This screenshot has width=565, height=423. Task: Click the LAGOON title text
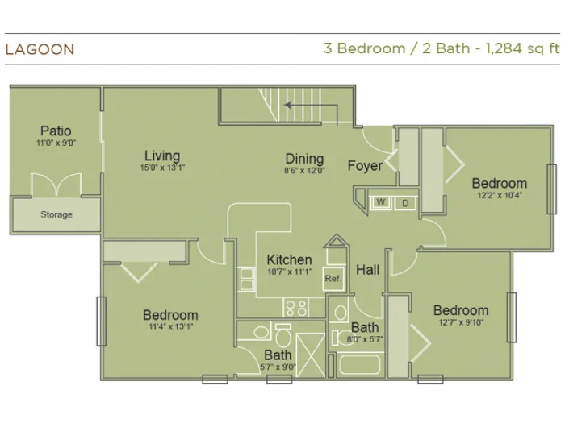40,49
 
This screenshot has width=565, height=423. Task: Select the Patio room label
56,131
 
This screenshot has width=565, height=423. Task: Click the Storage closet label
56,214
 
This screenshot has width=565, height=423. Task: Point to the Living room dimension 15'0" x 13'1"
162,168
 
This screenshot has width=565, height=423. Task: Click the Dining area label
304,159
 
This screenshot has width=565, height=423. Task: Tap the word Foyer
365,166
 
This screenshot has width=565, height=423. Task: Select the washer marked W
380,202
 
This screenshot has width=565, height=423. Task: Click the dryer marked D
405,203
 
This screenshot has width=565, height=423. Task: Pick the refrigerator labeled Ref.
333,279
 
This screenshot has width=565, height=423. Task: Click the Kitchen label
289,259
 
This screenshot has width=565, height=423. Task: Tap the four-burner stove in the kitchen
295,308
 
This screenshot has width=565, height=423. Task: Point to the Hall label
367,270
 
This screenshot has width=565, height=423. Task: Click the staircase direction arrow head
287,105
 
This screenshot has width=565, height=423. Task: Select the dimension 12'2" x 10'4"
500,195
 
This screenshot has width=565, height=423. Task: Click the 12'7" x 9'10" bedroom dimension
461,322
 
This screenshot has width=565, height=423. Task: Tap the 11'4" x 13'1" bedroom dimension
171,326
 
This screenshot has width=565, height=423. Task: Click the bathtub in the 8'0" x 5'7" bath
360,365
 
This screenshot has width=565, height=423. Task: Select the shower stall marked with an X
311,355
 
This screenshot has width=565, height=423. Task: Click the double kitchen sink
246,279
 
